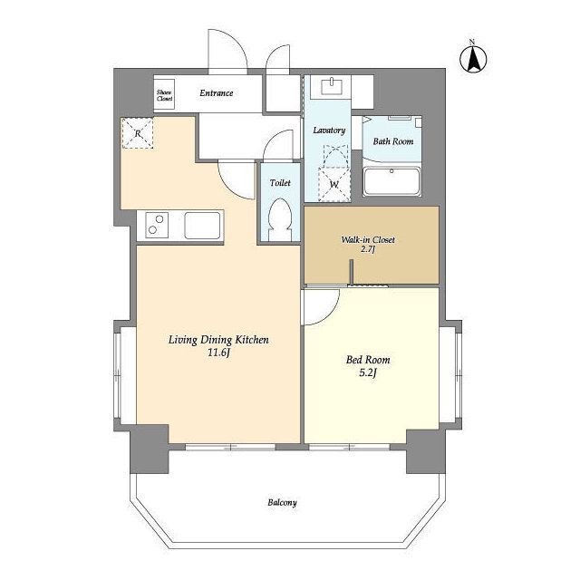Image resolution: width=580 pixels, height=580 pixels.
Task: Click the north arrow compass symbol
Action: [473, 58]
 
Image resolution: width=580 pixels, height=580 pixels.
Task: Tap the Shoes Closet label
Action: [164, 95]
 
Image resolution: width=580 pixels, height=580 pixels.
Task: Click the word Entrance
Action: [217, 92]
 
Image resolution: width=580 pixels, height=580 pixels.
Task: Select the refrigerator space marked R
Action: [138, 133]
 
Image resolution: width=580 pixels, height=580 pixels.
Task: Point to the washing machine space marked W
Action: [334, 184]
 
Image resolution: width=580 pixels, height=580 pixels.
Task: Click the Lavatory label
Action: [329, 130]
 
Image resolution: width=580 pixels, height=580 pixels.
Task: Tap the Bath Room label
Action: [392, 141]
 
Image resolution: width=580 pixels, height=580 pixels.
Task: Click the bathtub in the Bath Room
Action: [392, 181]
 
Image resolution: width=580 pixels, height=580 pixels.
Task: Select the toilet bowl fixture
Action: [280, 219]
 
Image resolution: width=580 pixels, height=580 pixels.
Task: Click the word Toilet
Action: [280, 183]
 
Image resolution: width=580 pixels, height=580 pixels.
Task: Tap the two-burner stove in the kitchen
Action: [157, 225]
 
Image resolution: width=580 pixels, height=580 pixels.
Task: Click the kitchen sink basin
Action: [202, 226]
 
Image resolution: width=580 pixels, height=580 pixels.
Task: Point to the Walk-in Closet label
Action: [368, 239]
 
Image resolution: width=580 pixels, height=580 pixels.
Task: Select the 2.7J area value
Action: [368, 249]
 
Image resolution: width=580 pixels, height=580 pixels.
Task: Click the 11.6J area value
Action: [218, 353]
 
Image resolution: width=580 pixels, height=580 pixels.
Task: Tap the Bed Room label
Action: [368, 360]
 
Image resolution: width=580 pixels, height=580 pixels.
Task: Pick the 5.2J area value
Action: [368, 372]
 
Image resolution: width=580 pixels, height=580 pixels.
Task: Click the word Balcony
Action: [282, 503]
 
